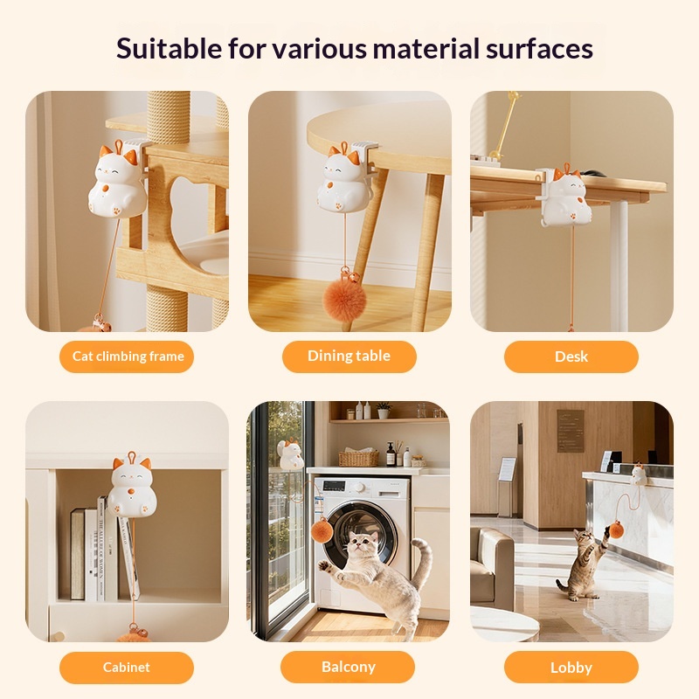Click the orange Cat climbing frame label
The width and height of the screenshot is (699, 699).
coord(127,356)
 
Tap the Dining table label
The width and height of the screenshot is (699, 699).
coord(349,356)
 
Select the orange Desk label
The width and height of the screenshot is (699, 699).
coord(571,356)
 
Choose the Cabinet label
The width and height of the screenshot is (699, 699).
coord(127,668)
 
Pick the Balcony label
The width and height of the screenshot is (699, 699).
coord(349,668)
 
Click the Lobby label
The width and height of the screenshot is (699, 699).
coord(571,668)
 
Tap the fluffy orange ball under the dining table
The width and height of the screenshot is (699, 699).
coord(345,299)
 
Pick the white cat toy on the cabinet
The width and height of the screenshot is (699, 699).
coord(132,485)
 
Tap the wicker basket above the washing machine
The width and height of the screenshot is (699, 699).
coord(358,458)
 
